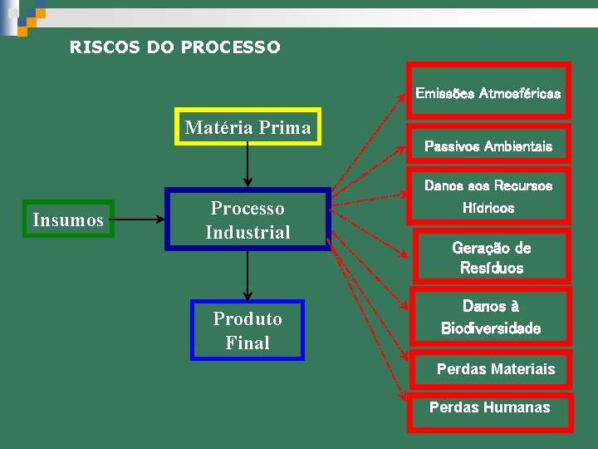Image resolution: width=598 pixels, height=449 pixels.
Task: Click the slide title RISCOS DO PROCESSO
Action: click(x=175, y=47)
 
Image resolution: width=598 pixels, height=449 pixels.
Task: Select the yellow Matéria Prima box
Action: click(x=248, y=127)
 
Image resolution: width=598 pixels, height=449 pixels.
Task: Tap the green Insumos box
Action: click(x=68, y=220)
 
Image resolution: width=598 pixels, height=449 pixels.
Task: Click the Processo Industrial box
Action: click(x=248, y=220)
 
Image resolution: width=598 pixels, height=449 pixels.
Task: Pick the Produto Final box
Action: click(x=248, y=330)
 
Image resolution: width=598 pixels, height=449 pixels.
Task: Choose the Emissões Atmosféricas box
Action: click(x=488, y=93)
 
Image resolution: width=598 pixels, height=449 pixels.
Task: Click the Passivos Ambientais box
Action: click(x=488, y=146)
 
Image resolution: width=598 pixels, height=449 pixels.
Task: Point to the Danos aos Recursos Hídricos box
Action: click(x=488, y=197)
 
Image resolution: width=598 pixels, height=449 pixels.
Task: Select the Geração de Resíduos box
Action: click(x=492, y=258)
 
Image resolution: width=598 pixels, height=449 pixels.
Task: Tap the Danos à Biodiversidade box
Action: click(x=490, y=317)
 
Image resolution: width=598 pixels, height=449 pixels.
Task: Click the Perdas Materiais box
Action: click(x=496, y=368)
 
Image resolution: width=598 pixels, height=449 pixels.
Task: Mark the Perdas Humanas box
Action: click(x=490, y=407)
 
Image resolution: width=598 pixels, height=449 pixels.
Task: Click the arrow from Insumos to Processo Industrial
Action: click(x=139, y=220)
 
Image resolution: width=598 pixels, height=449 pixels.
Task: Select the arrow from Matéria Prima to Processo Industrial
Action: click(x=248, y=165)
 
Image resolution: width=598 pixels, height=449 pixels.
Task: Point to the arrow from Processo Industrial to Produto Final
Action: click(x=248, y=274)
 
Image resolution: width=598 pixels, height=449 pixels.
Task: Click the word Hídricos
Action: click(x=488, y=208)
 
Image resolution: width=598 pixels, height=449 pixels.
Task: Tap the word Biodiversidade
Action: click(x=490, y=328)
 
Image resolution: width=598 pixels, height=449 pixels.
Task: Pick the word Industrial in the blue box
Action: click(x=248, y=232)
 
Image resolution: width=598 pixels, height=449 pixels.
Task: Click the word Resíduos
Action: click(x=492, y=268)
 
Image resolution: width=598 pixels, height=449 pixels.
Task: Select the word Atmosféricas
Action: click(x=519, y=93)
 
